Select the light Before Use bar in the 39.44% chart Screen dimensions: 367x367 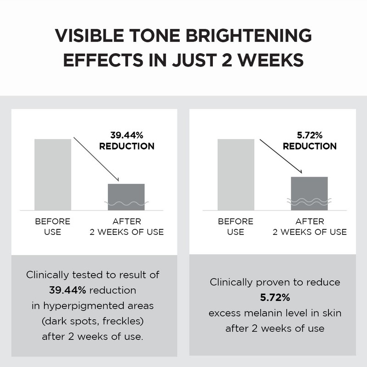coord(53,174)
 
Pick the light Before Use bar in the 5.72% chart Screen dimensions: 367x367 coord(235,174)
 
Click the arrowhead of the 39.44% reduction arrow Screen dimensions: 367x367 coord(118,180)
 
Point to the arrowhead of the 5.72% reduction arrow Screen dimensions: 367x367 coord(301,172)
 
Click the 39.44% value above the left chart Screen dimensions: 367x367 coord(127,135)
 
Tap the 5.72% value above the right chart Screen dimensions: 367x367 coord(310,135)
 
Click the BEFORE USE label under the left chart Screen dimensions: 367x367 coord(53,227)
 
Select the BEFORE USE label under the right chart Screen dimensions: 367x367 coord(235,227)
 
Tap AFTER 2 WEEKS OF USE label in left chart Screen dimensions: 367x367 coord(126,227)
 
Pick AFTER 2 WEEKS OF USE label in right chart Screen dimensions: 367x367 coord(310,227)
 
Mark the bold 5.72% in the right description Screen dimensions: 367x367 coord(275,298)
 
